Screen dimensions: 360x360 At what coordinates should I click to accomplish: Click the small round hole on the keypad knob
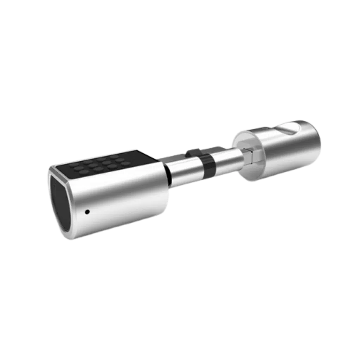coord(87,212)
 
